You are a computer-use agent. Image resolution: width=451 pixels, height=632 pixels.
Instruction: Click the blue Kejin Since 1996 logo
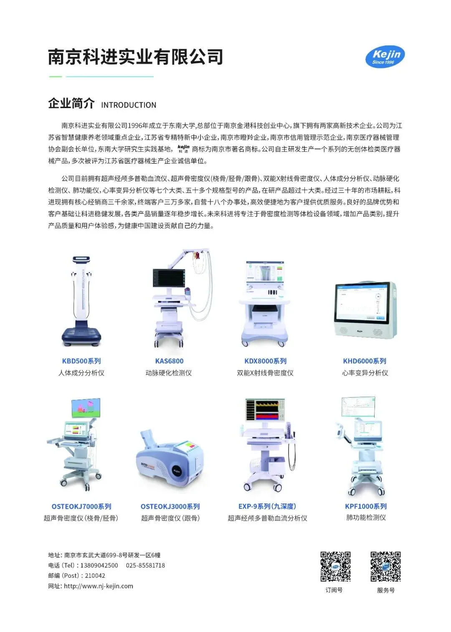click(x=385, y=57)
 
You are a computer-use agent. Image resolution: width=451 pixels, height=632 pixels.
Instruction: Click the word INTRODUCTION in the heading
click(x=129, y=105)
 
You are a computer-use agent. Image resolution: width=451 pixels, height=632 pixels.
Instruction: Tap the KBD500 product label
click(x=81, y=361)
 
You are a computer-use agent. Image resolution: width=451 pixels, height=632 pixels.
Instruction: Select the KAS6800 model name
click(x=169, y=361)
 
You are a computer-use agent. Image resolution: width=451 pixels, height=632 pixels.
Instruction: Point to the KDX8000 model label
click(x=265, y=361)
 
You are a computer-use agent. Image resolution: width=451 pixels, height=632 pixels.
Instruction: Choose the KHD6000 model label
click(x=364, y=361)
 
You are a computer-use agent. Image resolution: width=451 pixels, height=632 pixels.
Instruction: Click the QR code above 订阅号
click(x=335, y=567)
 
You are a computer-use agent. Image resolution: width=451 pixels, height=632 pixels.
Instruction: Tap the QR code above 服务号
click(x=385, y=567)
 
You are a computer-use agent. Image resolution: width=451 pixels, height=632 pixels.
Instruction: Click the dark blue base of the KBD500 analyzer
click(x=81, y=337)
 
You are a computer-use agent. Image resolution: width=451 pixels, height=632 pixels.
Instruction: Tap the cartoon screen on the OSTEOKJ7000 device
click(x=86, y=408)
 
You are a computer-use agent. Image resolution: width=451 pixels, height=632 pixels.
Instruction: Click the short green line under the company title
click(x=56, y=76)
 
